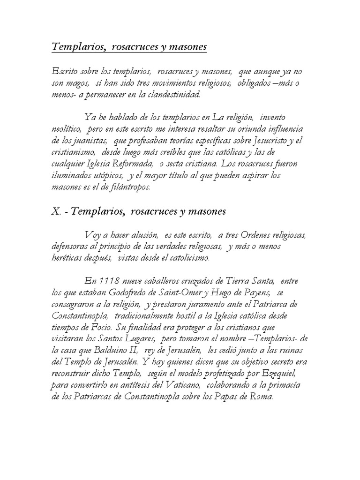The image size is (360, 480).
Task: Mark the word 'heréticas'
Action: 69,258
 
